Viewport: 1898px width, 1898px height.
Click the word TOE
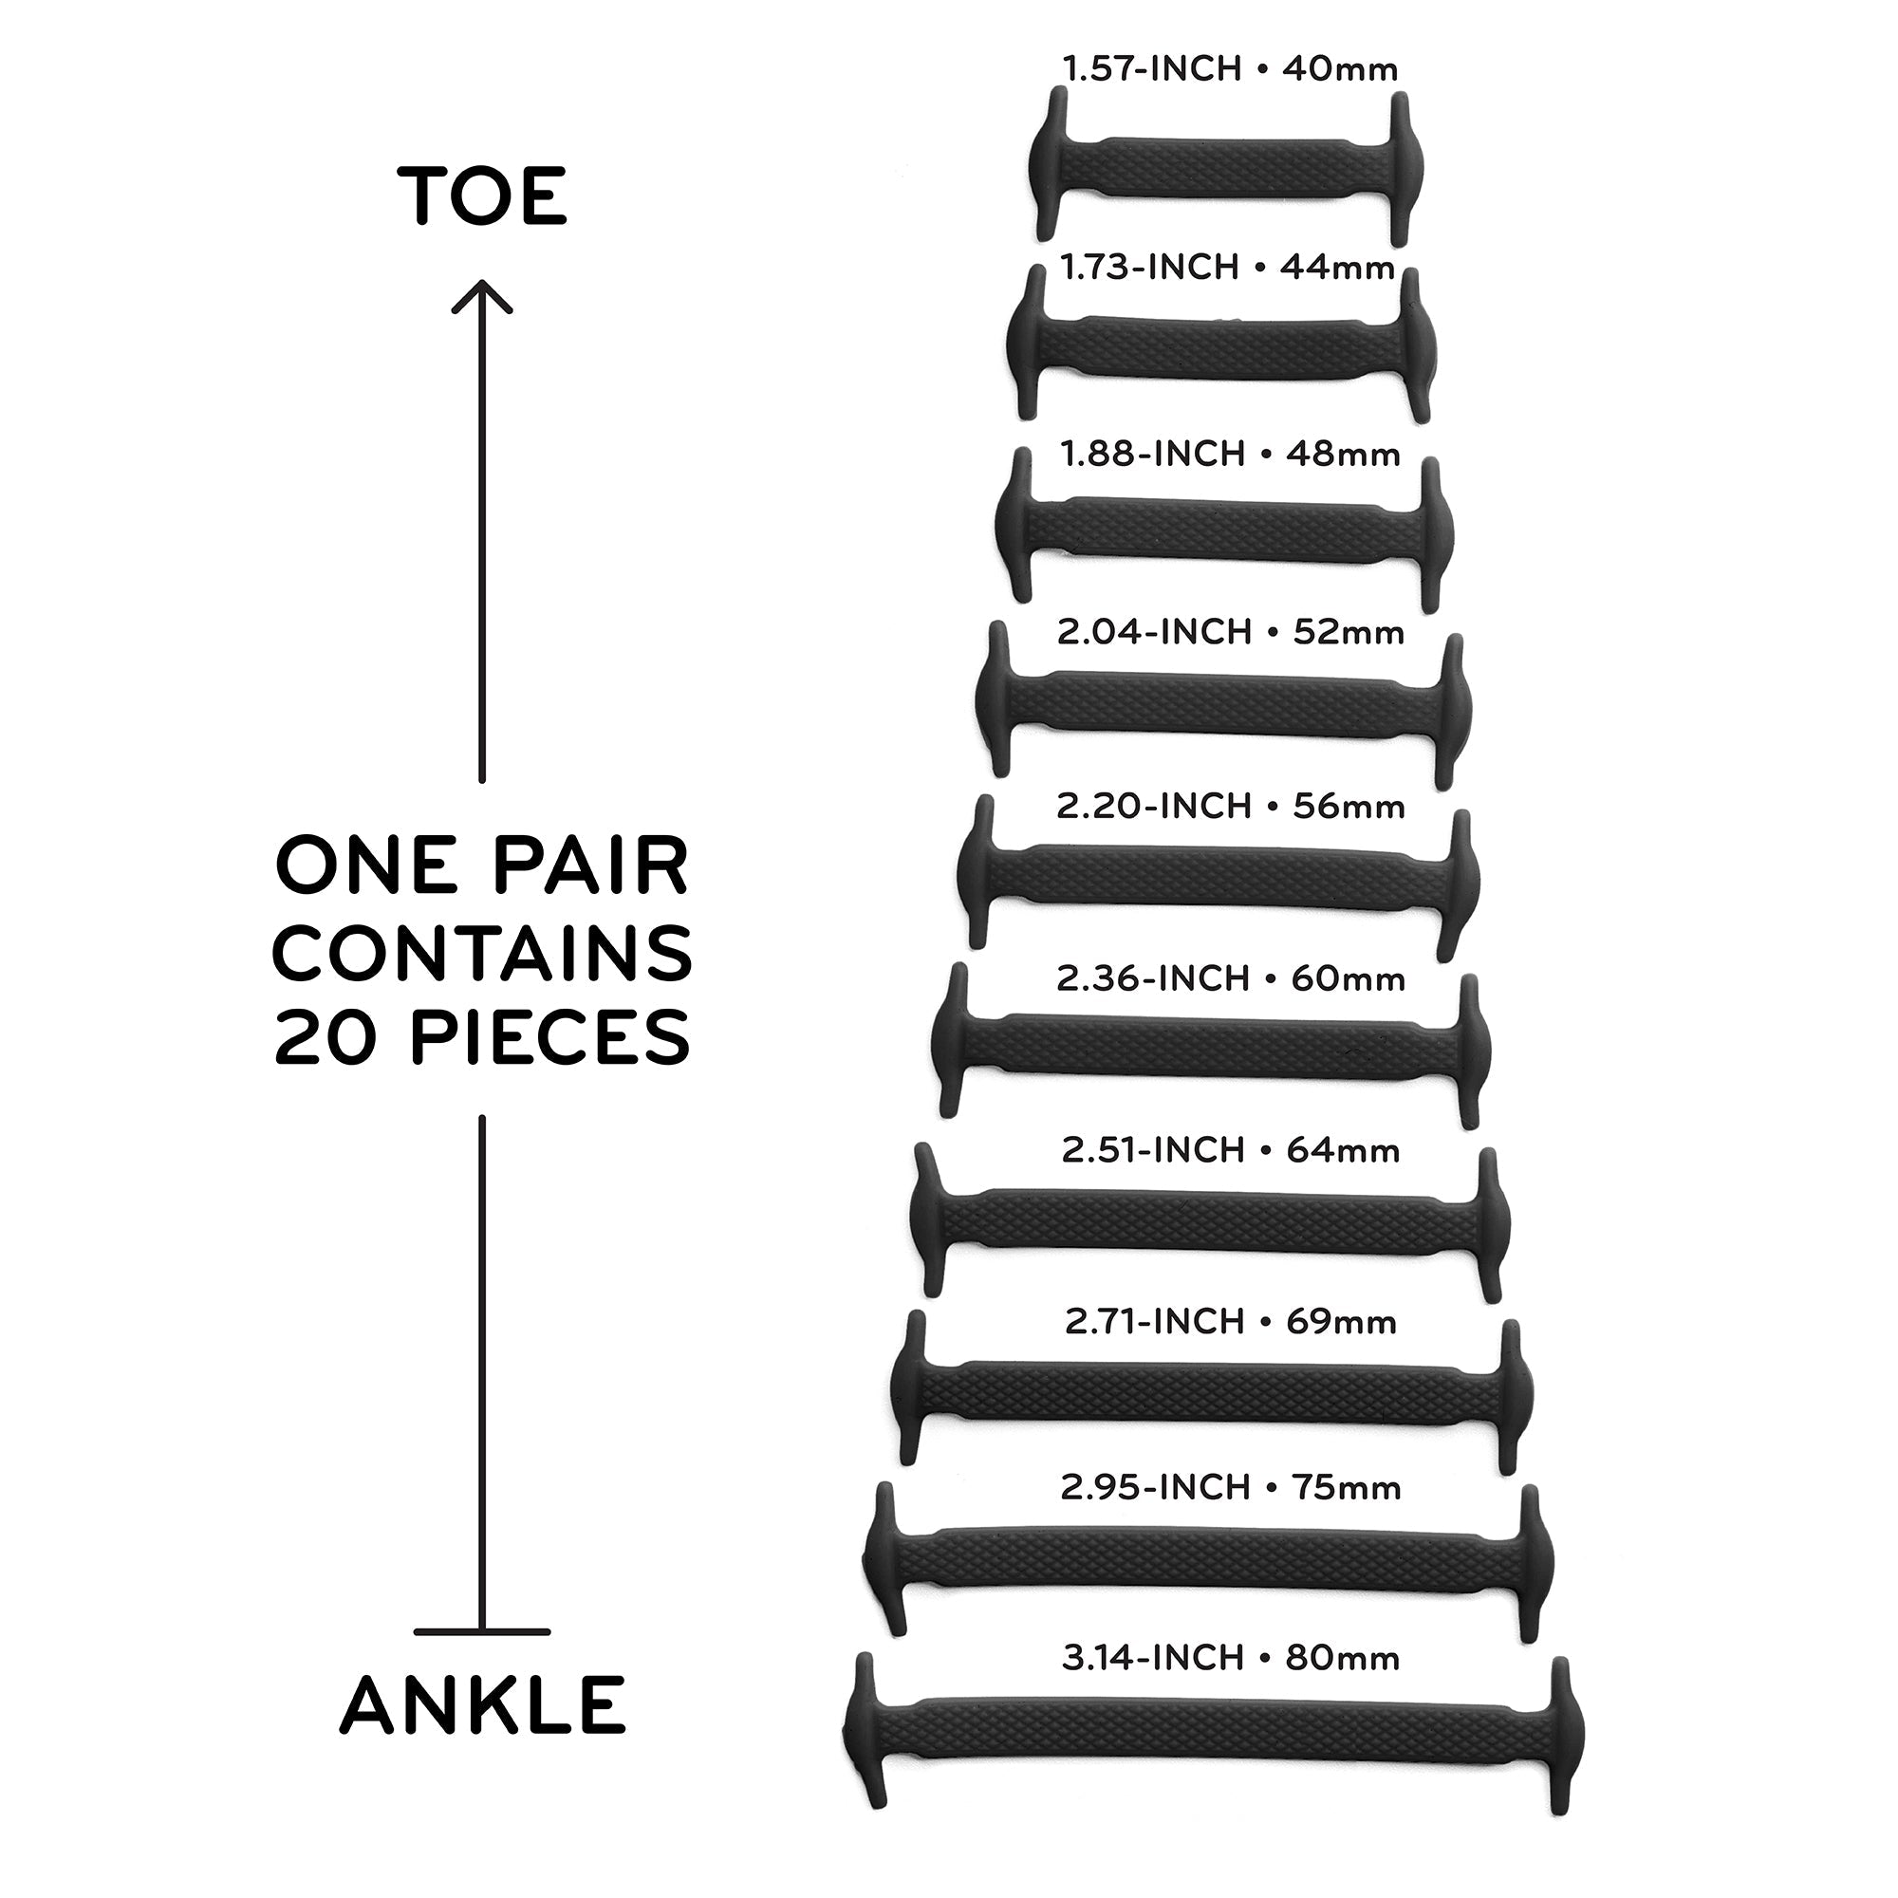coord(482,195)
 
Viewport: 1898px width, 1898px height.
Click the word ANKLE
coord(482,1704)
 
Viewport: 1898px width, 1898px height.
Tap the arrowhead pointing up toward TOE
coord(481,297)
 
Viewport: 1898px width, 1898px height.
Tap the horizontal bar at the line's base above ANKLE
coord(481,1631)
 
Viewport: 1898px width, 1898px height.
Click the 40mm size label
coord(1340,68)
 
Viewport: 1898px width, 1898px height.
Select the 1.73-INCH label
coord(1149,268)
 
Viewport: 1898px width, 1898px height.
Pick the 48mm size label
coord(1343,454)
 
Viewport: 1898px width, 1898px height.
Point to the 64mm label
coord(1343,1149)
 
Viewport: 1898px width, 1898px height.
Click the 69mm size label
coord(1341,1322)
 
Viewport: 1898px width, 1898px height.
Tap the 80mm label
coord(1342,1658)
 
